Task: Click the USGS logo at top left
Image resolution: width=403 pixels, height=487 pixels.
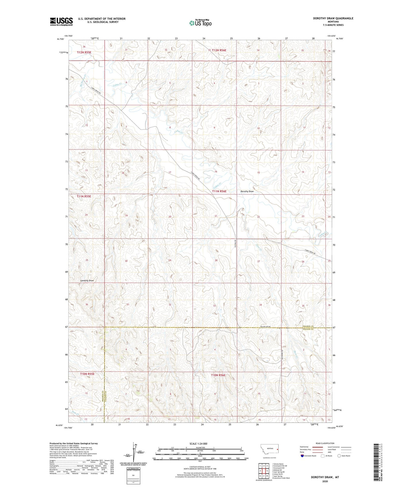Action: pos(61,21)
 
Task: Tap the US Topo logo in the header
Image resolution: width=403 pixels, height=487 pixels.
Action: pos(200,23)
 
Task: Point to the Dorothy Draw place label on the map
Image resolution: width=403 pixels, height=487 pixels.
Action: pos(247,192)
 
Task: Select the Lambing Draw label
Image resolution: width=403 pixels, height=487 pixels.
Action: pos(87,280)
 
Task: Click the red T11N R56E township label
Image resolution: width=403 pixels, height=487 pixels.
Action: pos(219,191)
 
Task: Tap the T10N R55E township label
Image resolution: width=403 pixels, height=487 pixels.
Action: pos(87,374)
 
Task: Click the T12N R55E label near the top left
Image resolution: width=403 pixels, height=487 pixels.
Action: pos(84,52)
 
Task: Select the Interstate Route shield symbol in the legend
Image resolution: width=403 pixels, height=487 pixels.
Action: pos(302,456)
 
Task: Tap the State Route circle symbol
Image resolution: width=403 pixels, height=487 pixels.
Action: pos(339,456)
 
